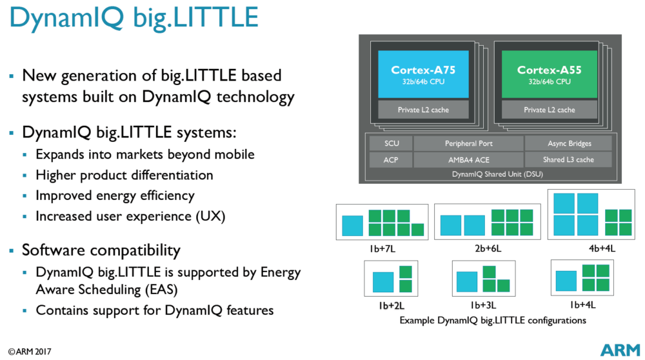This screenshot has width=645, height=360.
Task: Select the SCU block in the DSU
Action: [391, 143]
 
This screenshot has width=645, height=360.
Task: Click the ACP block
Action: [391, 159]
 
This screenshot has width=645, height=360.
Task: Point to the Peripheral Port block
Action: [469, 143]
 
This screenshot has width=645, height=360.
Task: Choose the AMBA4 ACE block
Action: [469, 159]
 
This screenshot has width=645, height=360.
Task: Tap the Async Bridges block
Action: [570, 143]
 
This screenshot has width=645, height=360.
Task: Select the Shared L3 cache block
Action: [570, 159]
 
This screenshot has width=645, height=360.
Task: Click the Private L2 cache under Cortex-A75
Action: [422, 110]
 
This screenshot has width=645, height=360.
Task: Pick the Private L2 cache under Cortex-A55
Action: [549, 110]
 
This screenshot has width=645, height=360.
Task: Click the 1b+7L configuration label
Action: [381, 247]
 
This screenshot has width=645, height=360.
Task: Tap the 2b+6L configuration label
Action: [482, 247]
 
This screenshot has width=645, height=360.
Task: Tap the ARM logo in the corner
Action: [620, 350]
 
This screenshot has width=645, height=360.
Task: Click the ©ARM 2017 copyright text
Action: [30, 352]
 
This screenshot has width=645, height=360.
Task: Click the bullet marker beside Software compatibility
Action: [11, 250]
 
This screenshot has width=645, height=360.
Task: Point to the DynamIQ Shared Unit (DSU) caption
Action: [488, 174]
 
